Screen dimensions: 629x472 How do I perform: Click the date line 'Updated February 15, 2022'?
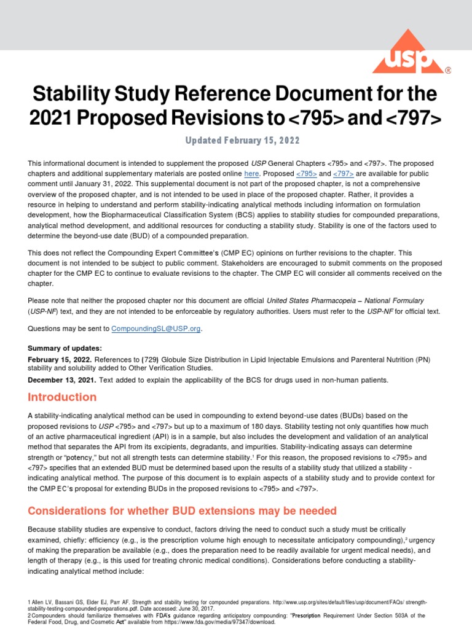pos(243,141)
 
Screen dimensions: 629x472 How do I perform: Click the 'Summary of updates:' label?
pos(61,348)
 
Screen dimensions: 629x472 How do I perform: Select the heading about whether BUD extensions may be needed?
pos(181,510)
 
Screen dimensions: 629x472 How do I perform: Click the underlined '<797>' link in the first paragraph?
pos(340,174)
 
